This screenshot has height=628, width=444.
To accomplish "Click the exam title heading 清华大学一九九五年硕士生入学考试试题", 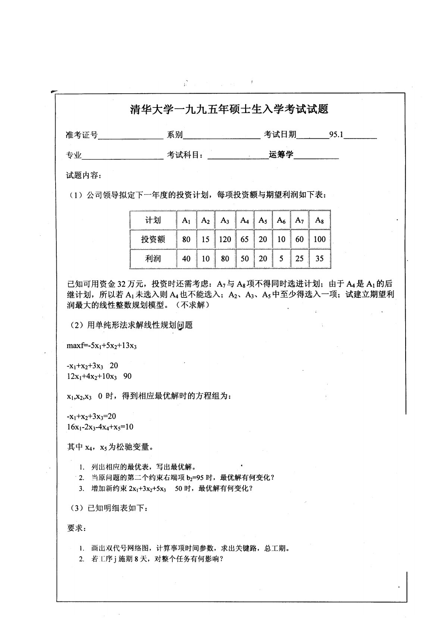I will [229, 109].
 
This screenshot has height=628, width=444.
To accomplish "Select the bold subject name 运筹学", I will [281, 154].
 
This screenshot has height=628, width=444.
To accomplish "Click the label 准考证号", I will [82, 135].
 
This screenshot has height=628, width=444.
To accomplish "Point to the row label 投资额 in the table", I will [153, 239].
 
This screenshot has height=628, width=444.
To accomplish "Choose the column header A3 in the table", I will [225, 220].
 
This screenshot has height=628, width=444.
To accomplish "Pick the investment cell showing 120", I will [225, 239].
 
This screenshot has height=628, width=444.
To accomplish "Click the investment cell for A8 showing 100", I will [319, 239].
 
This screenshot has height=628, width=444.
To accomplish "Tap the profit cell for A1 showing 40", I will [186, 259].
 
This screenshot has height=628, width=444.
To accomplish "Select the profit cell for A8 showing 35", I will [319, 259].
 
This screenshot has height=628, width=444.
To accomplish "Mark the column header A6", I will [281, 220].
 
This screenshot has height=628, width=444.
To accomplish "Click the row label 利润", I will [153, 259].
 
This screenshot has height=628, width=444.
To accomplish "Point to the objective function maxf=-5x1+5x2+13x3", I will [102, 346].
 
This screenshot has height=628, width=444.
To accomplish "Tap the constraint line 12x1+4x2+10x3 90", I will [99, 376].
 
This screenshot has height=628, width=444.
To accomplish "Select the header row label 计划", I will [153, 220].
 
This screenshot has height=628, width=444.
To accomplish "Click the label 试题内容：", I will [83, 175].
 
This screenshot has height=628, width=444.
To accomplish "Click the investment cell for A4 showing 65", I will [244, 239].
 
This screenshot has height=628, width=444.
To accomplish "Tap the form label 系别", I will [175, 135].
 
